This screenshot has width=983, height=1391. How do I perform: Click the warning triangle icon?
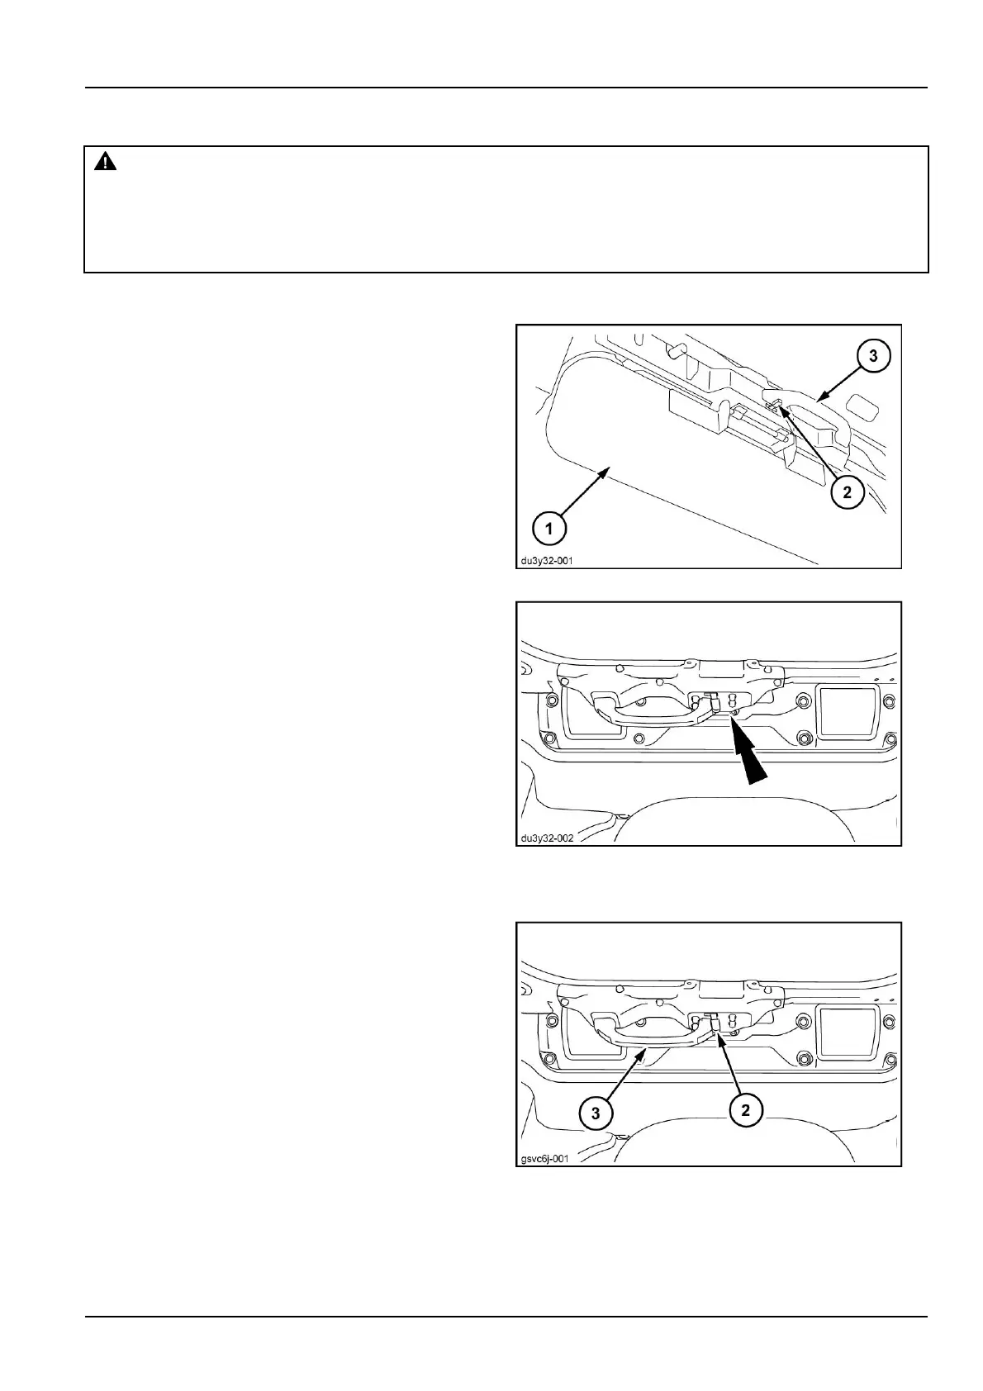coord(106,163)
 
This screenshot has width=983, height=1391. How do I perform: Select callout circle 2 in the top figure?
coord(847,493)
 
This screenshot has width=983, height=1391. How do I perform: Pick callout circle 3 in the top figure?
coord(873,356)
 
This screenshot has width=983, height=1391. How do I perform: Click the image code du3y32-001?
coord(546,560)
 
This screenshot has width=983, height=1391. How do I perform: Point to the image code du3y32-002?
coord(546,838)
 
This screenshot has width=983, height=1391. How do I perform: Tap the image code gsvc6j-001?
coord(544,1158)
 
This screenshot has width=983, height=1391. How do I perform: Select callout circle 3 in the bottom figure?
coord(596,1113)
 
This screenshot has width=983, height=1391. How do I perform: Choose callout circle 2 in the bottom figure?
coord(745,1110)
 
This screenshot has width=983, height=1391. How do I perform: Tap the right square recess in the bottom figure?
coord(847,1029)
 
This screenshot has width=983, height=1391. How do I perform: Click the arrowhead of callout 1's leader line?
coord(609,469)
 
